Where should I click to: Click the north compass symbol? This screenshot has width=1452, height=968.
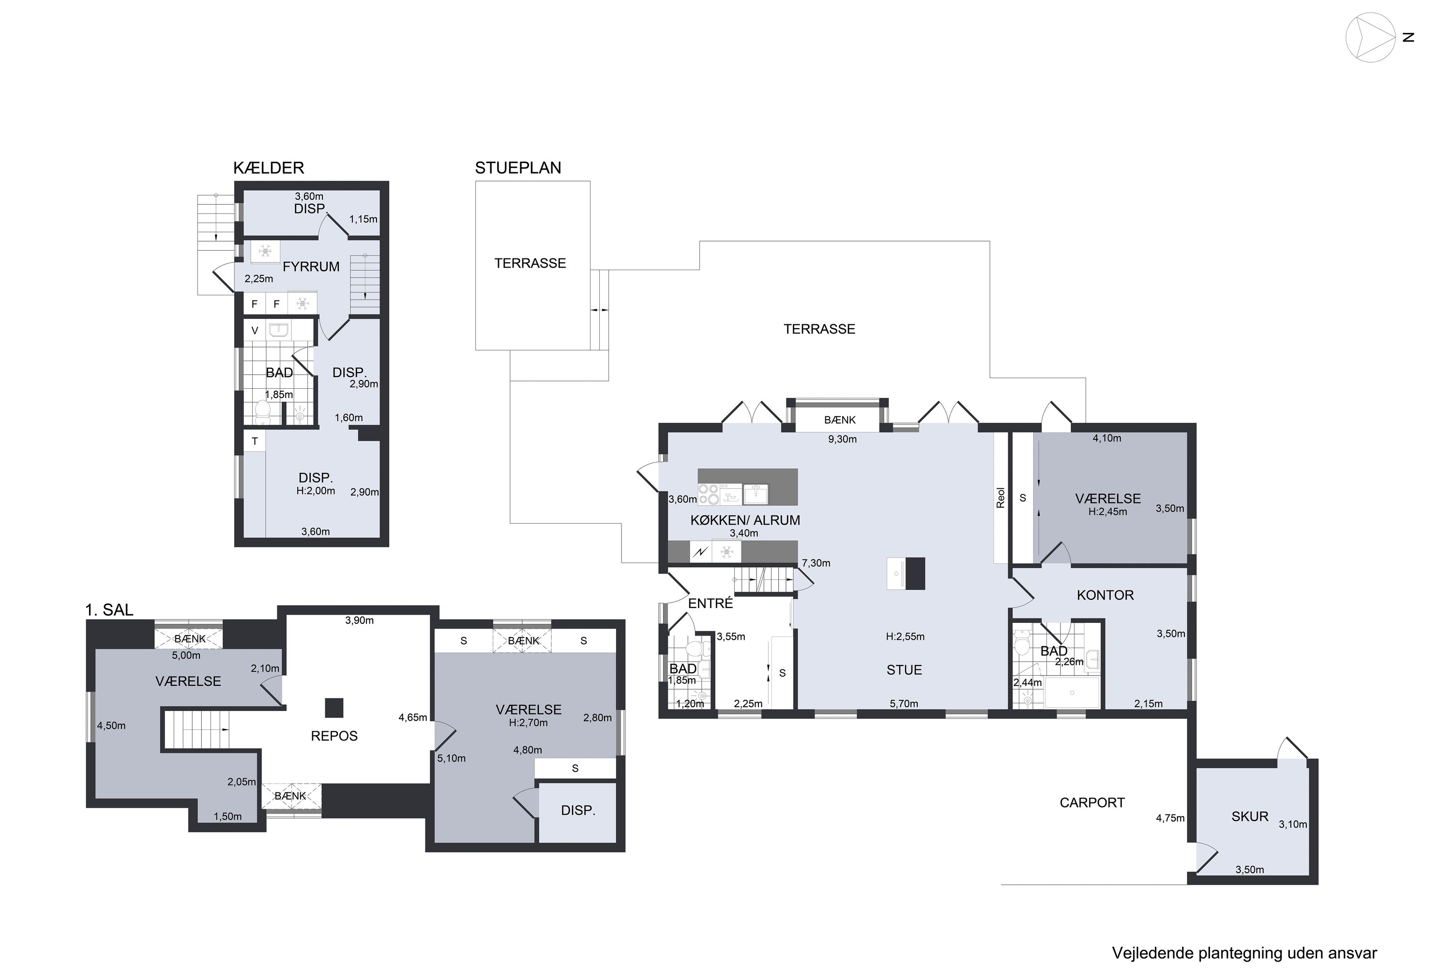(1371, 38)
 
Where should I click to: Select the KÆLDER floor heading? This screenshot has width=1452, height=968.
(269, 168)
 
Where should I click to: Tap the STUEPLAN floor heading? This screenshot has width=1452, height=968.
(518, 168)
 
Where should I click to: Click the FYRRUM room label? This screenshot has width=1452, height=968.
(311, 267)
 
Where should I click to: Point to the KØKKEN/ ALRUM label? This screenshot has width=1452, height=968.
(745, 520)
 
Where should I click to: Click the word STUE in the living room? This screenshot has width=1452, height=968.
(905, 670)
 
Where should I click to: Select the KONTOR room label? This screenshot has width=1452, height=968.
(1105, 595)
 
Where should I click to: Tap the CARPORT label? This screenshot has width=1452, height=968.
(1092, 802)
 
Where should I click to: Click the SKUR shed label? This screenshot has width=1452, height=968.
(1250, 817)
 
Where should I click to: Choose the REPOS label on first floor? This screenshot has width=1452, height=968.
(334, 736)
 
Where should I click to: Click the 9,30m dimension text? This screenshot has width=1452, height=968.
(842, 439)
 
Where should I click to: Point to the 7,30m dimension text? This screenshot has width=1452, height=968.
(816, 563)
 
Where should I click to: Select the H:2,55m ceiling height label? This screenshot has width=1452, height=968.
(905, 636)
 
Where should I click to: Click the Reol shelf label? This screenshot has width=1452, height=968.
(1001, 498)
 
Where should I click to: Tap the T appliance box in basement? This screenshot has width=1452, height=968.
(255, 441)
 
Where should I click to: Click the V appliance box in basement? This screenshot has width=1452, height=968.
(255, 331)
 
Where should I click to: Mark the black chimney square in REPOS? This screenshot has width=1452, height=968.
(334, 708)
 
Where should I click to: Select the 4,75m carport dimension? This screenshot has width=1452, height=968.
(1170, 818)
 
